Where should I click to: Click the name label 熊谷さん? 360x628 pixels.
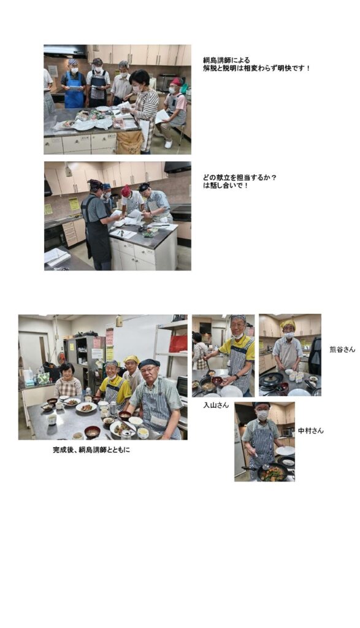coord(342,349)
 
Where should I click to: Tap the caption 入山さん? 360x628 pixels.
coord(216,405)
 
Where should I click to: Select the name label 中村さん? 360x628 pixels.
coord(311,431)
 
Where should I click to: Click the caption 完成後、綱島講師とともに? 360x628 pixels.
coord(91,450)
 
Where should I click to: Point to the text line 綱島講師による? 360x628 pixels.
coord(226,60)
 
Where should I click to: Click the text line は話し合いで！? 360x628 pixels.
coord(226,185)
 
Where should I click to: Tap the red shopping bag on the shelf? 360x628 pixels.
coord(178,343)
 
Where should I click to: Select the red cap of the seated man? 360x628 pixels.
coord(176,82)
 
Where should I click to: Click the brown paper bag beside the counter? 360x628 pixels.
coord(130,142)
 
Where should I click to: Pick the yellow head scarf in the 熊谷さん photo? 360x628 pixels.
coord(288,324)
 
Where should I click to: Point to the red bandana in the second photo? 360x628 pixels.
coord(126,191)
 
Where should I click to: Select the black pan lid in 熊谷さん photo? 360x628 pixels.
coord(270,378)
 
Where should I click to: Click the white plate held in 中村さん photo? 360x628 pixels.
coord(285,451)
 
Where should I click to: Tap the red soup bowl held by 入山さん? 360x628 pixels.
coord(216,380)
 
